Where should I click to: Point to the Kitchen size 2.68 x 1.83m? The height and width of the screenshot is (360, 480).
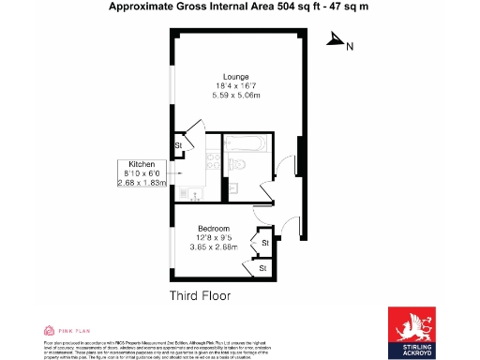(x=141, y=182)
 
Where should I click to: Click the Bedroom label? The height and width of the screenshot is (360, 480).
(x=215, y=228)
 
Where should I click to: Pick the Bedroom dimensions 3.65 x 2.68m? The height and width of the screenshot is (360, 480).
(x=216, y=247)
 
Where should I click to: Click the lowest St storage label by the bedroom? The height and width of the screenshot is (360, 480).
(x=263, y=268)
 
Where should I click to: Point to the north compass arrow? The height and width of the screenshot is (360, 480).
(x=333, y=41)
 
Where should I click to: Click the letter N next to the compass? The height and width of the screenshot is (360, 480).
(x=350, y=46)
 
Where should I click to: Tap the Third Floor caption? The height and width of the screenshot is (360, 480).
(x=200, y=295)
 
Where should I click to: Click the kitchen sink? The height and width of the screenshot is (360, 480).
(x=193, y=195)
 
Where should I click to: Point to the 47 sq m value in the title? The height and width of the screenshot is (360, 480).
(x=346, y=7)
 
